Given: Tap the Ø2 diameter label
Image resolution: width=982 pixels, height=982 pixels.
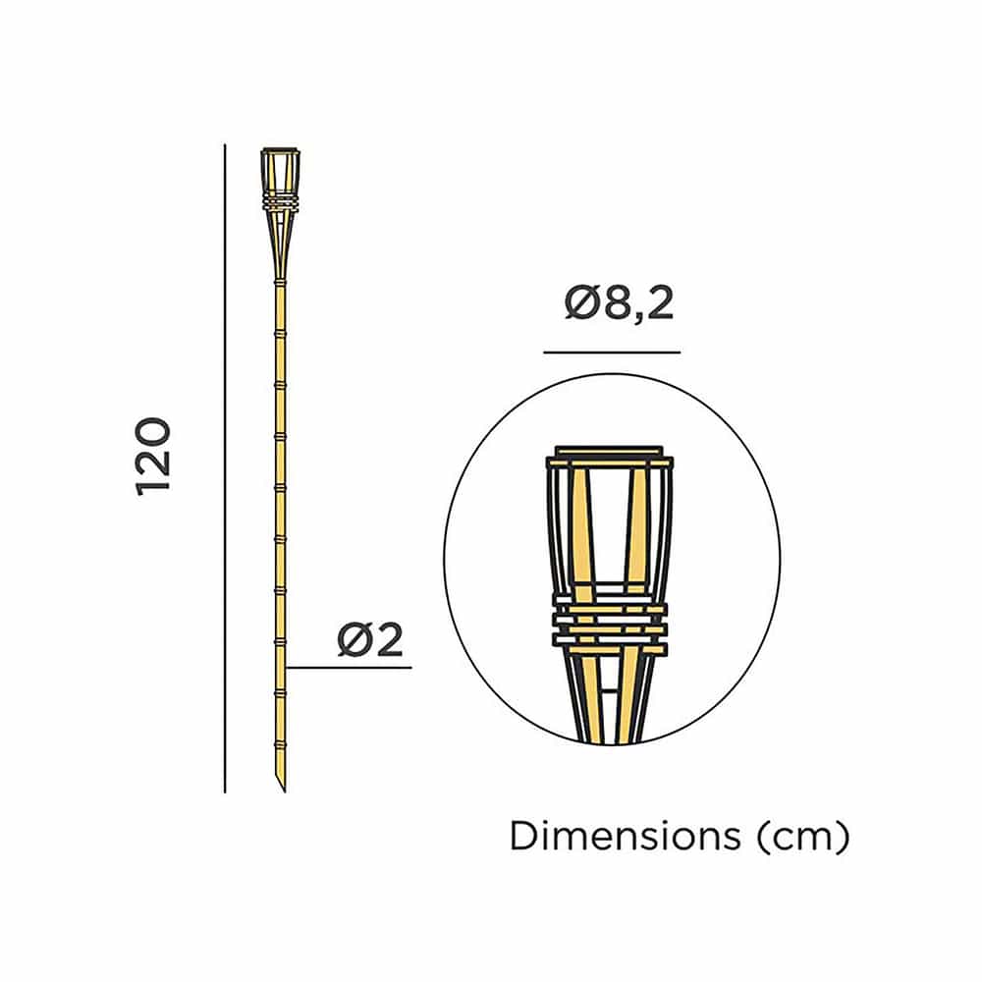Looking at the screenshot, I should [370, 640].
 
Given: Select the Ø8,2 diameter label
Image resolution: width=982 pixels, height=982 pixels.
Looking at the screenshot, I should [619, 305].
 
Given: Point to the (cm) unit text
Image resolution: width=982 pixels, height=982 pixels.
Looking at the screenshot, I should [802, 838].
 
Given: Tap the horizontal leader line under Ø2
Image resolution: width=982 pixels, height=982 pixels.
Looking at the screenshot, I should [349, 668].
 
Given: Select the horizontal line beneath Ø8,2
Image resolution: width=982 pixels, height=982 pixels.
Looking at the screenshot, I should [611, 352].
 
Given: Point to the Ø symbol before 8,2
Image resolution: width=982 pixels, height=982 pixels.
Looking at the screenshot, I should [582, 305].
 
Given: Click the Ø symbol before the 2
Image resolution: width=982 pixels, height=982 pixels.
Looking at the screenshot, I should [355, 640].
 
